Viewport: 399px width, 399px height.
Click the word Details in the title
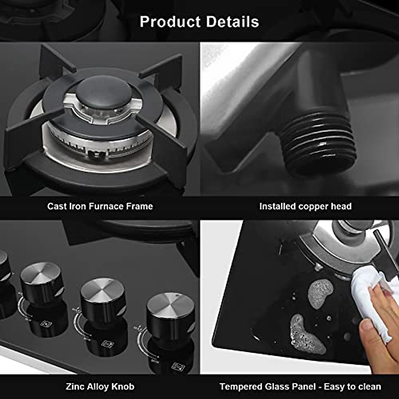[232, 22]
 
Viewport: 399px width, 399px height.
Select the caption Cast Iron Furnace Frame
[100, 206]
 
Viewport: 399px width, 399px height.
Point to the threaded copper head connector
[316, 143]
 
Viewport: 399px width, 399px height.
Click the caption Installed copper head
[305, 206]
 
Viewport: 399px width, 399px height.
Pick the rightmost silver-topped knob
[171, 311]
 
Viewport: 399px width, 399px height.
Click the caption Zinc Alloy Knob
[100, 386]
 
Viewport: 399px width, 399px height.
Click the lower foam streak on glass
[306, 334]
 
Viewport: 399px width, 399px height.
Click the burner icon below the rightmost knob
[178, 366]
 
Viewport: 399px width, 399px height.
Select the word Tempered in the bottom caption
[241, 386]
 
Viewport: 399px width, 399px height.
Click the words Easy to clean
[352, 386]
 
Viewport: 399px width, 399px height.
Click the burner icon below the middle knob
[107, 343]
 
